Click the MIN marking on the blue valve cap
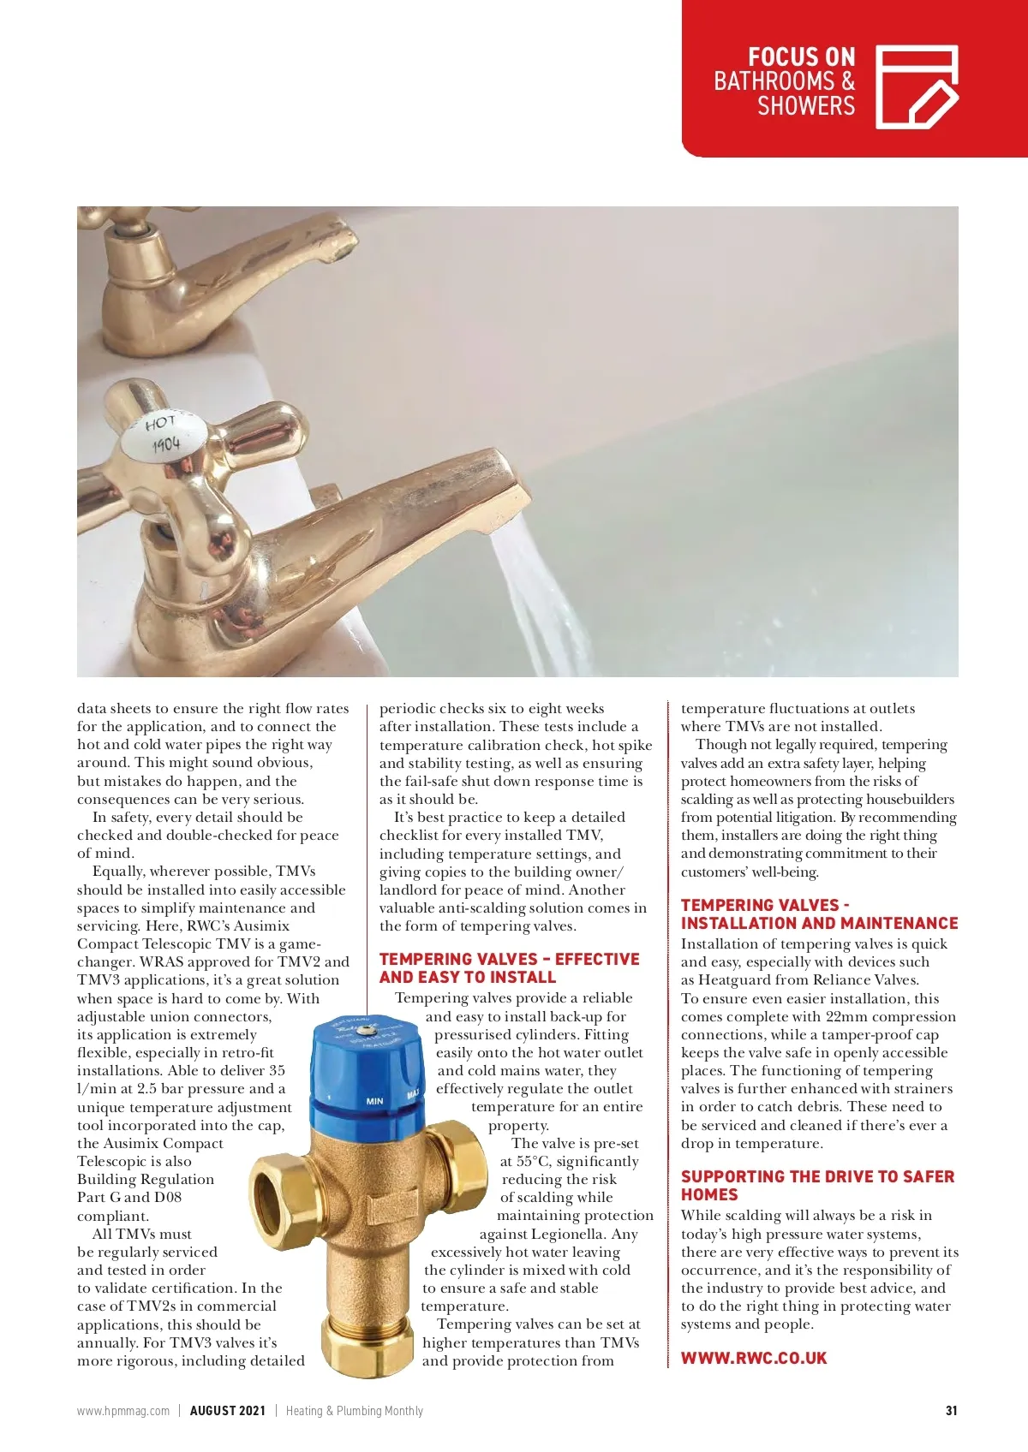pyautogui.click(x=374, y=1101)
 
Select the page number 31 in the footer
pyautogui.click(x=951, y=1411)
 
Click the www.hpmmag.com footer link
pyautogui.click(x=123, y=1411)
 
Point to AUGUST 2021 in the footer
pyautogui.click(x=227, y=1411)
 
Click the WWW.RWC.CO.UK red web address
pyautogui.click(x=754, y=1358)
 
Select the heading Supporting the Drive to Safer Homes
pyautogui.click(x=816, y=1186)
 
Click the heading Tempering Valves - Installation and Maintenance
pyautogui.click(x=819, y=914)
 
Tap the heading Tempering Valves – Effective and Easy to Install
pyautogui.click(x=509, y=968)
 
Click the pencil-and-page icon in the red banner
pyautogui.click(x=916, y=87)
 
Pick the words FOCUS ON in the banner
pyautogui.click(x=801, y=57)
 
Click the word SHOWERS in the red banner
pyautogui.click(x=805, y=106)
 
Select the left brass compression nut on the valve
pyautogui.click(x=277, y=1179)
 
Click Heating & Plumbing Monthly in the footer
pyautogui.click(x=354, y=1411)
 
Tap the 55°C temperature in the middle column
pyautogui.click(x=534, y=1162)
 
